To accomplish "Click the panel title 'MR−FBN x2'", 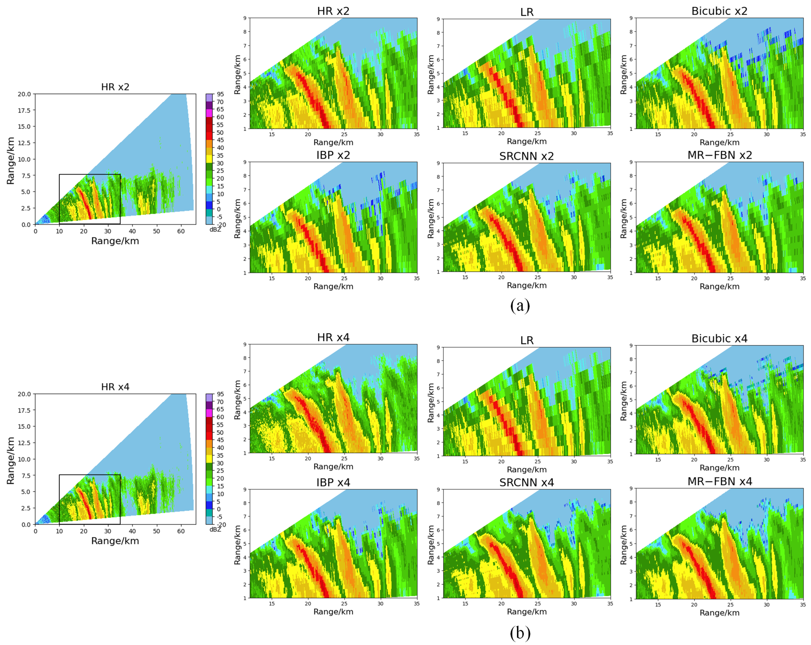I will point(719,155).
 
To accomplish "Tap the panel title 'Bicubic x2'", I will point(719,11).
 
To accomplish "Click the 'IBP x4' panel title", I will point(333,482).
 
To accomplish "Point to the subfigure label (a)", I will point(520,305).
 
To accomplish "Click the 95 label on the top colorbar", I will point(220,94).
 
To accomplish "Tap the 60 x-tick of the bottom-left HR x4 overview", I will point(181,531).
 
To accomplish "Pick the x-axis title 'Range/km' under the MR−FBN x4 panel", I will point(719,613).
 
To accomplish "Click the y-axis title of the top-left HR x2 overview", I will point(11,161).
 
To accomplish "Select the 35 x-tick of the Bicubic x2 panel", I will point(803,134).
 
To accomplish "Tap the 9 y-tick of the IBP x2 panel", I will point(245,162).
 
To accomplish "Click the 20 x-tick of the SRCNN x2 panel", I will point(501,277).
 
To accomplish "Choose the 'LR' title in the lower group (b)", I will point(527,340).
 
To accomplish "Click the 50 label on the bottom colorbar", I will point(220,432).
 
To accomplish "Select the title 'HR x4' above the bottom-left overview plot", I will point(115,387).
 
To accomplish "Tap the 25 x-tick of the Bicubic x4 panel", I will point(730,460).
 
